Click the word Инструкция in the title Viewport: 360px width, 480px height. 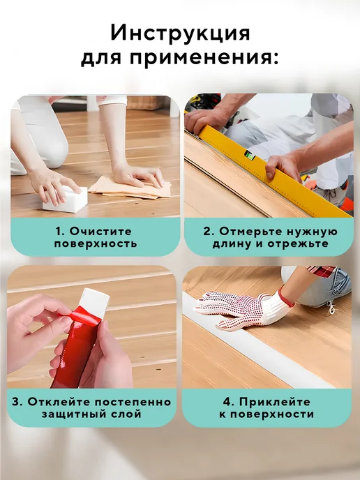(180, 33)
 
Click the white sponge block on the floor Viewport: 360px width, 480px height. (65, 199)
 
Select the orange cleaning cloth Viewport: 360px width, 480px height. (130, 187)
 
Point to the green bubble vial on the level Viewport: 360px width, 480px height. (250, 155)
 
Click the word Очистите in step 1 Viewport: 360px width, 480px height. (100, 231)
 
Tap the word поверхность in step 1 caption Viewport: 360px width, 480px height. (96, 244)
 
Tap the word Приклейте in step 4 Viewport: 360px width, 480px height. (275, 402)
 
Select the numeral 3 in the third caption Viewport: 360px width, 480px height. (16, 402)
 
